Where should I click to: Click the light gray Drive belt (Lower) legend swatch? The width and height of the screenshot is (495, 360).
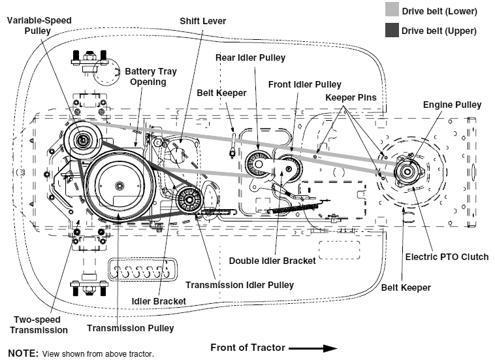tap(391, 11)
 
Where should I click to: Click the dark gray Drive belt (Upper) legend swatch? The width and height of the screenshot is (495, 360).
tap(391, 31)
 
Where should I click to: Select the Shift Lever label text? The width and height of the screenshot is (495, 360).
tap(203, 21)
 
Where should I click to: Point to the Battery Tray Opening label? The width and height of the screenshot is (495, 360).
tap(151, 76)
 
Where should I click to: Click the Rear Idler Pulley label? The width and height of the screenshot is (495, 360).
tap(250, 57)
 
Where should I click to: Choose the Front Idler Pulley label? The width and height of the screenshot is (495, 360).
tap(304, 84)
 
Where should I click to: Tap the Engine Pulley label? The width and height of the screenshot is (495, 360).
tap(452, 105)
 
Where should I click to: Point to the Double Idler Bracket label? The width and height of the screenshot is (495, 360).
tap(272, 260)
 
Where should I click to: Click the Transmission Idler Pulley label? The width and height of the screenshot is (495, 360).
tap(239, 285)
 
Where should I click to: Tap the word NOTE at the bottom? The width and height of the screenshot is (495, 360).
tap(24, 353)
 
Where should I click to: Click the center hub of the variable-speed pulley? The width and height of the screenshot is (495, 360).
tap(84, 139)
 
